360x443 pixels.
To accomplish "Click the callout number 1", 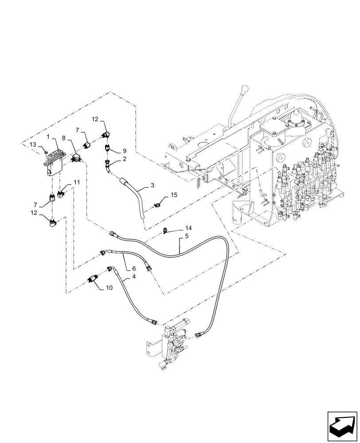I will (x=48, y=139).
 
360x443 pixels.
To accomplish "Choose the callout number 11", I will (x=77, y=182).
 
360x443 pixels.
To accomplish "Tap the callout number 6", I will (x=133, y=268).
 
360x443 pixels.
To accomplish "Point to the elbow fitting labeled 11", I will (x=62, y=193).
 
